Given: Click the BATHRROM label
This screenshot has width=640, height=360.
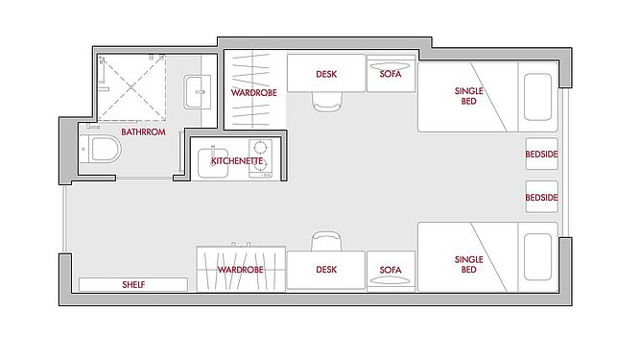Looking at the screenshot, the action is point(143,132).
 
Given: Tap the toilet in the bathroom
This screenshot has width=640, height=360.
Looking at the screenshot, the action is point(101,150).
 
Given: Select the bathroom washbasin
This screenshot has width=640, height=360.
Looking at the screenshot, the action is point(197,92).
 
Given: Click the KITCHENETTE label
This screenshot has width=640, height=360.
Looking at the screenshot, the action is point(237,161).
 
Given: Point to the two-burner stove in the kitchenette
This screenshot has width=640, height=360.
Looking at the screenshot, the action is point(260,158).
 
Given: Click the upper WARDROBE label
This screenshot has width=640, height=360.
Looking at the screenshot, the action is point(254,93).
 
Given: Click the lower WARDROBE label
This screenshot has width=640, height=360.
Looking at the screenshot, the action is point(240,270).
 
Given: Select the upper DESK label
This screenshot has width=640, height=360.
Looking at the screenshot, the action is point(326,74).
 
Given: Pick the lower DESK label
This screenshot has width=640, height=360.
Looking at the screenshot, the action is point(326,270).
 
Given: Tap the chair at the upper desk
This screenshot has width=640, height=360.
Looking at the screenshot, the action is point(326,102).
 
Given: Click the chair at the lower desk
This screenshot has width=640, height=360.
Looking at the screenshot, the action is point(326,241).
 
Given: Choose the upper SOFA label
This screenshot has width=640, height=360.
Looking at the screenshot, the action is point(391,74).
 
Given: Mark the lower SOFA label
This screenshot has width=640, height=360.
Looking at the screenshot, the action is point(391,270).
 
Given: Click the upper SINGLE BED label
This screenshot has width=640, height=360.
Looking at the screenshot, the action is point(468,96).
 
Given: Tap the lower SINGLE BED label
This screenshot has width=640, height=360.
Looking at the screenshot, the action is point(468,265).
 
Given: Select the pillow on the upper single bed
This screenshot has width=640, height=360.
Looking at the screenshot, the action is point(537,97).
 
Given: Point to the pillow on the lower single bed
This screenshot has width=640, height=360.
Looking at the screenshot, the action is point(537,257).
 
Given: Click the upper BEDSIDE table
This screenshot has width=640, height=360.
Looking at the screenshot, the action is point(541,154).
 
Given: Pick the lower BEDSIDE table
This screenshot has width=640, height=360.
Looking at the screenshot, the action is point(541,197).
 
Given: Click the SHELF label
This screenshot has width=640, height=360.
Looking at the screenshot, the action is point(133,284).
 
